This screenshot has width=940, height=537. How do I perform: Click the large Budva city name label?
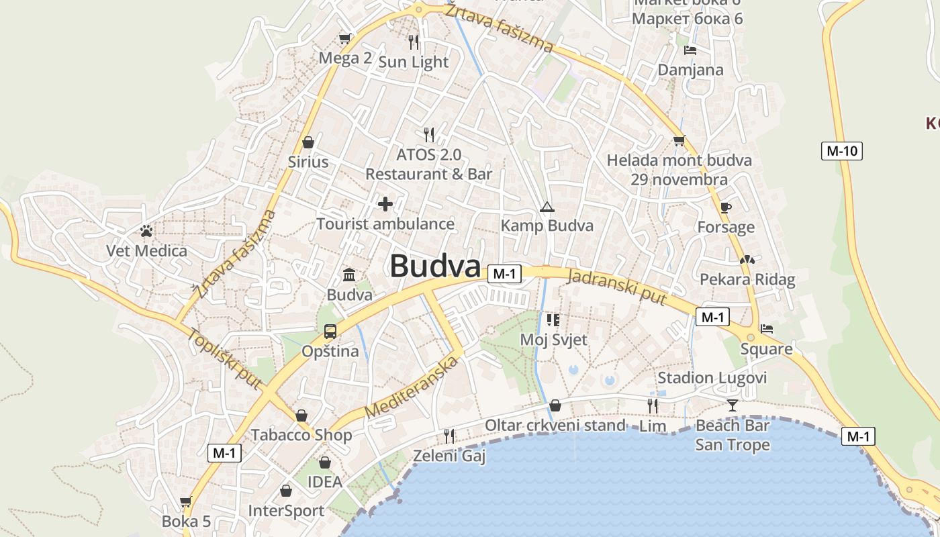click(435, 266)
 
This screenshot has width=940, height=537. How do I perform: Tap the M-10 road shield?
click(841, 151)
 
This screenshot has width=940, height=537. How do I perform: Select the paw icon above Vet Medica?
click(146, 232)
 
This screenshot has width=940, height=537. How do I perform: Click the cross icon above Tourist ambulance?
click(385, 203)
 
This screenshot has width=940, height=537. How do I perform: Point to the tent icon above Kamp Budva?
click(547, 207)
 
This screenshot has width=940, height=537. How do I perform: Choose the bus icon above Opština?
click(330, 331)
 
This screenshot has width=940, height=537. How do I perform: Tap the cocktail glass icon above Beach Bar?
click(732, 405)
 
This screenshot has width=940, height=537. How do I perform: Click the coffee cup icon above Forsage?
click(725, 207)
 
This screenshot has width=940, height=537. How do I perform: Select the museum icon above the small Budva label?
click(349, 275)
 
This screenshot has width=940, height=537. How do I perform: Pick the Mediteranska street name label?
click(412, 387)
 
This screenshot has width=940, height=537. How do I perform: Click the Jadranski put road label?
click(617, 287)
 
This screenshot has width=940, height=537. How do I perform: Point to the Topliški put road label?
click(224, 358)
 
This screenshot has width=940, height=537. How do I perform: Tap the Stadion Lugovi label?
click(712, 378)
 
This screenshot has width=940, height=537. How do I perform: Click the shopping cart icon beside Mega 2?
click(345, 39)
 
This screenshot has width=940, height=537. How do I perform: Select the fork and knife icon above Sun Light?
click(413, 42)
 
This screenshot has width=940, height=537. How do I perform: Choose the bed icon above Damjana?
click(690, 50)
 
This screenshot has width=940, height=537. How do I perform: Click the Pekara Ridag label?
click(747, 279)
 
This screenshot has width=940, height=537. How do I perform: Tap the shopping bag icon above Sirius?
click(308, 142)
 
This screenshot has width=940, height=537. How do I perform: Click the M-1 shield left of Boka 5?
click(224, 453)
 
